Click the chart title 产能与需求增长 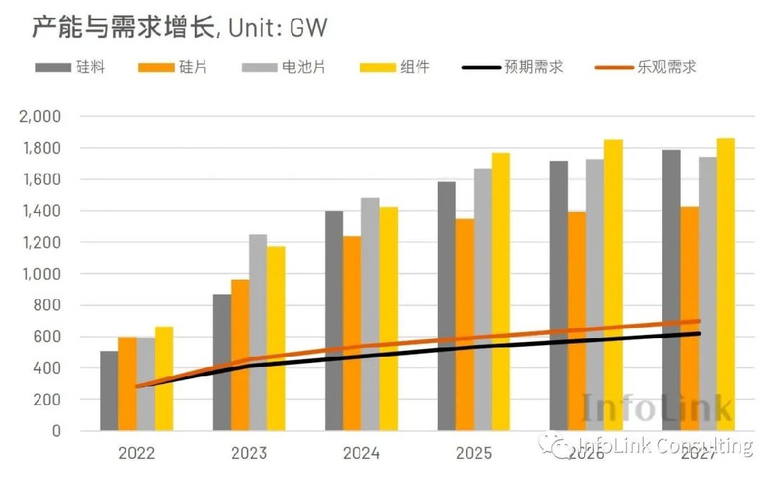point(121,29)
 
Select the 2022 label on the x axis point(136,453)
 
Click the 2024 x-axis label point(361,453)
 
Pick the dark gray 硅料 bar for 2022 point(109,391)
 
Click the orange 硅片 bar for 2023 point(240,355)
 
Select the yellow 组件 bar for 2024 point(389,319)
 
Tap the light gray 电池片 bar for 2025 point(483,300)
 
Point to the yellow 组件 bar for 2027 point(725,284)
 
